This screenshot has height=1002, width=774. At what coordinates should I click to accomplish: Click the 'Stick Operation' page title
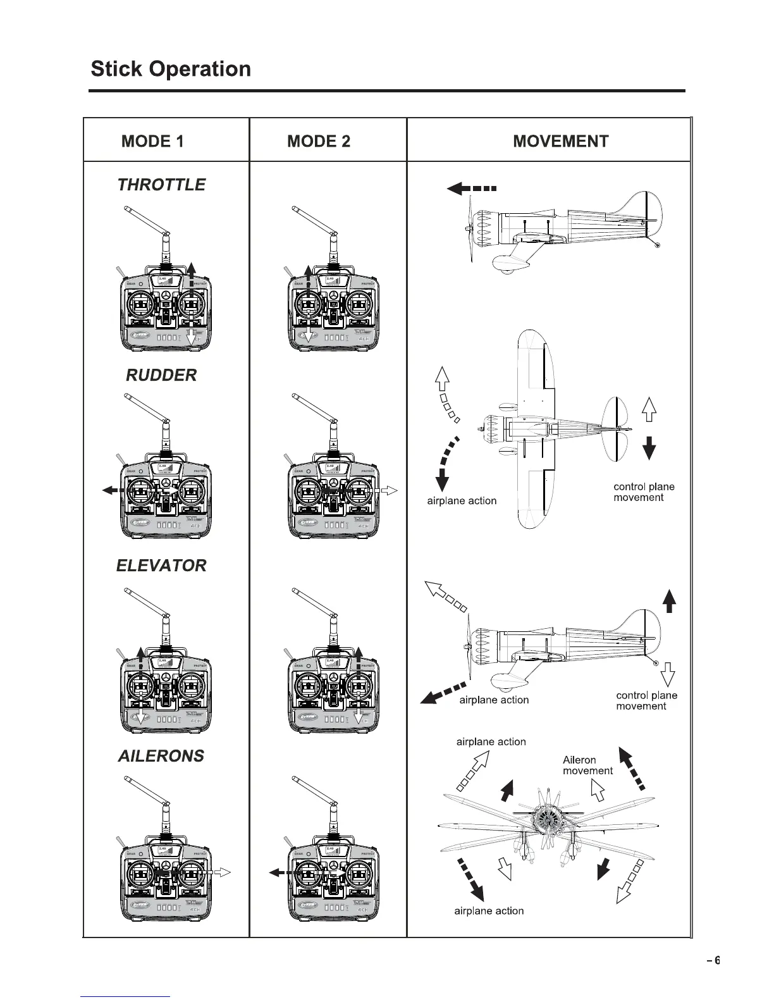click(171, 68)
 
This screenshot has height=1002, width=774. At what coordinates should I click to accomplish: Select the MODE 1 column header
click(152, 141)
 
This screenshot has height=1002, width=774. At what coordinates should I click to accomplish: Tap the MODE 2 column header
click(318, 141)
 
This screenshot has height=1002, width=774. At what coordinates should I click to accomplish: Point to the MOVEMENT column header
click(560, 141)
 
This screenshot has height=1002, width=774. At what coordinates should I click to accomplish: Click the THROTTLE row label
click(161, 185)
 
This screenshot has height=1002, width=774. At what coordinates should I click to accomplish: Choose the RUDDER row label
click(161, 375)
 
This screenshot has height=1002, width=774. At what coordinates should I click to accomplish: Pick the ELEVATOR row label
click(161, 566)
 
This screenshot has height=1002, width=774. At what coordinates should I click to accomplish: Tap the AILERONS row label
click(161, 756)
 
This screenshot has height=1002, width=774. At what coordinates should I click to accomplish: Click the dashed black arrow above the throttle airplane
click(471, 188)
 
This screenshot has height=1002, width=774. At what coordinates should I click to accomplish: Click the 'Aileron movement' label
click(587, 765)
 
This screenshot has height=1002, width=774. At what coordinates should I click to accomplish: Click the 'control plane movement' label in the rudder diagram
click(644, 492)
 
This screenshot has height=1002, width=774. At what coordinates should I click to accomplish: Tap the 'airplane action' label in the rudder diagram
click(462, 501)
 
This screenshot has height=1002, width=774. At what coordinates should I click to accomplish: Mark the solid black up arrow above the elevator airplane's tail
click(670, 600)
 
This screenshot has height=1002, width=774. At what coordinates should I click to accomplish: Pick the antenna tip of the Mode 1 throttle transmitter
click(126, 208)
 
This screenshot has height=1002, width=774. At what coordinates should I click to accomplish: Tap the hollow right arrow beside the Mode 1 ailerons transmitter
click(222, 872)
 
